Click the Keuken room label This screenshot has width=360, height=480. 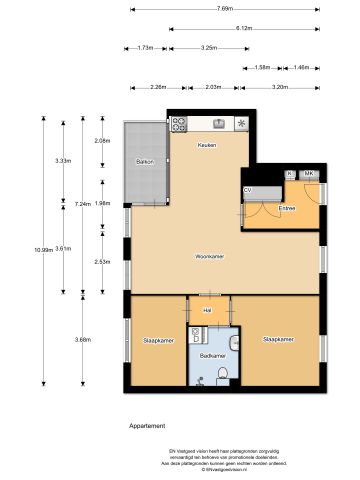(208, 145)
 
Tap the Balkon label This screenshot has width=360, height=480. (144, 162)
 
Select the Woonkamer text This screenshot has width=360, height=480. (209, 256)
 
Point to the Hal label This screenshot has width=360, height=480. (208, 310)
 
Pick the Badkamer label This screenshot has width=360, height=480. (211, 355)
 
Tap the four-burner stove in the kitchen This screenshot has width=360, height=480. (180, 125)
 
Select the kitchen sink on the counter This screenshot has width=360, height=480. (242, 124)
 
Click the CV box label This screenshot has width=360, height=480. (248, 189)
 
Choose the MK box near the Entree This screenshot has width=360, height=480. (308, 174)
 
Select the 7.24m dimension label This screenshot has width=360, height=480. (83, 203)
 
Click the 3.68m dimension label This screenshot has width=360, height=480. (82, 340)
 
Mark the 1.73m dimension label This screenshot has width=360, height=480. (145, 48)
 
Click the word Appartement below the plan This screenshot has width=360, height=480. (147, 426)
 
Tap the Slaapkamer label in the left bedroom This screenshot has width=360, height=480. (156, 339)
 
